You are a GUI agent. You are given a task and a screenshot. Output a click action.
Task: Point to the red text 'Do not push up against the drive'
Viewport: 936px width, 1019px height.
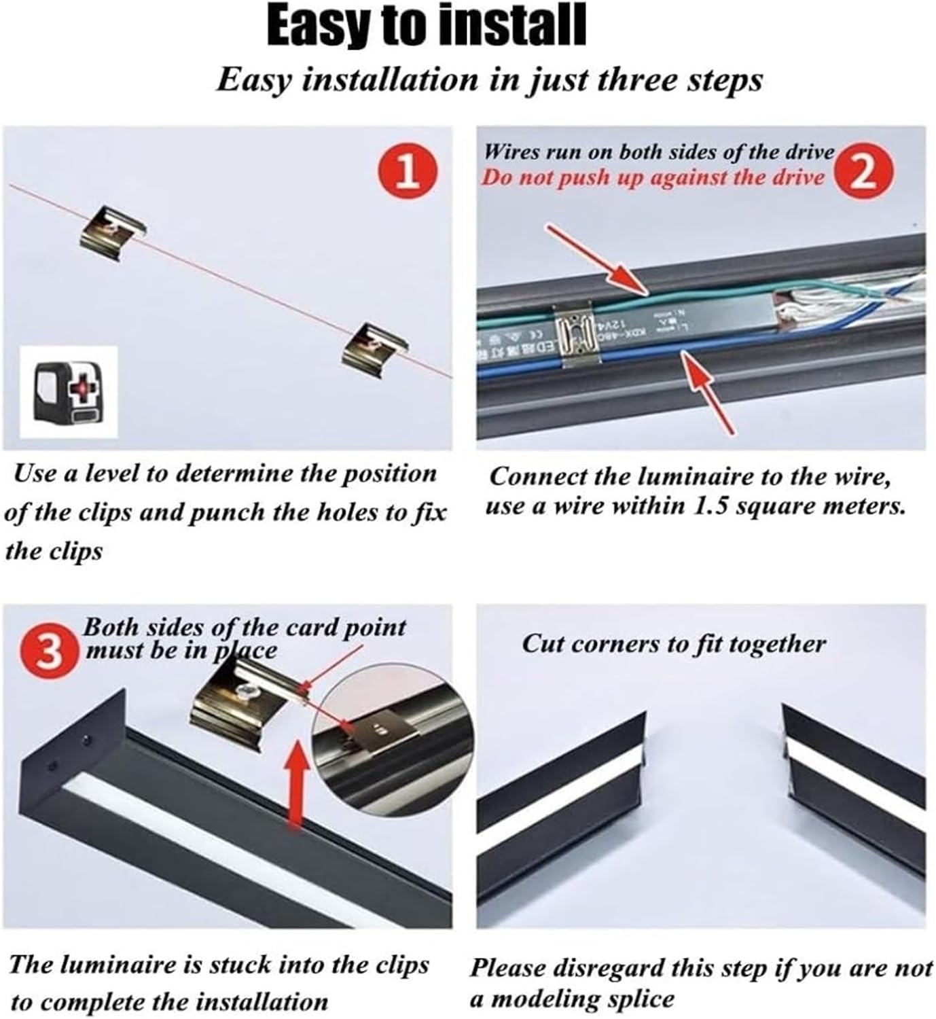pyautogui.click(x=652, y=178)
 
